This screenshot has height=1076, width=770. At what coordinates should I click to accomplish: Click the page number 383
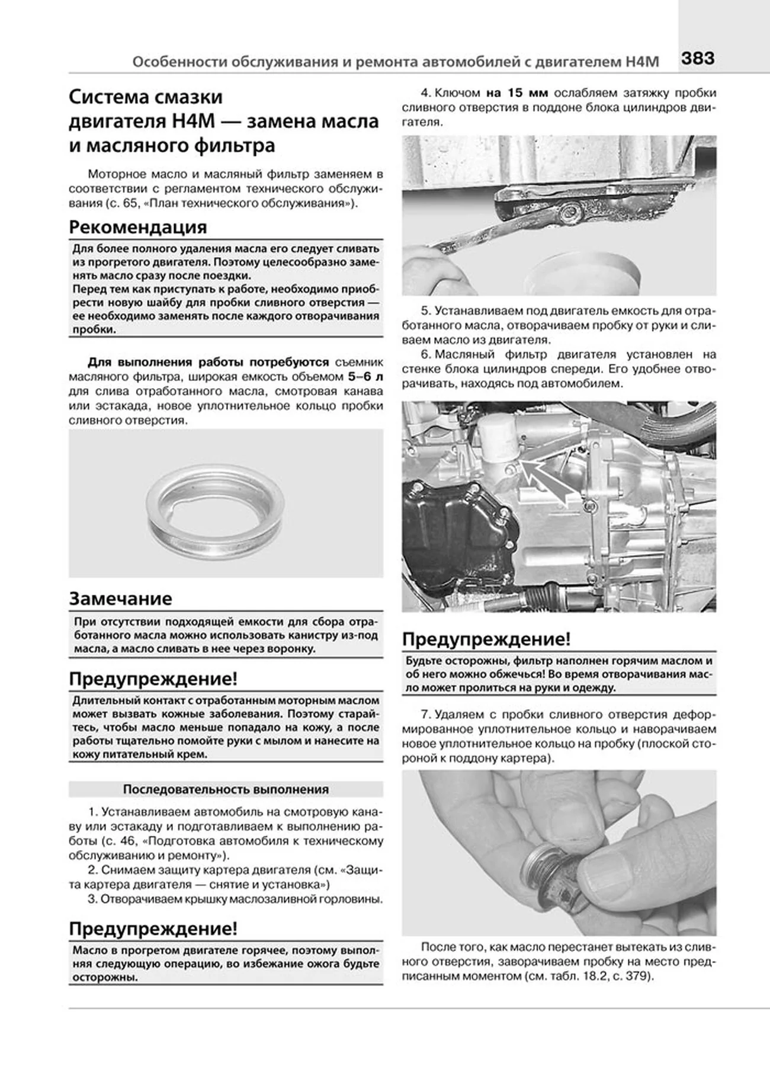coord(697,58)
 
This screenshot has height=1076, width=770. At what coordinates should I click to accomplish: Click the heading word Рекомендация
coord(137,227)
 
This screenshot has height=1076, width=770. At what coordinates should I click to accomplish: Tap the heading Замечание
coord(120,598)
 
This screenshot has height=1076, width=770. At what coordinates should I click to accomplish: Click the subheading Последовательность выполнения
coord(226,790)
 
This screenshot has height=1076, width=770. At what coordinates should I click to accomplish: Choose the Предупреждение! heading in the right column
coord(486,639)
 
